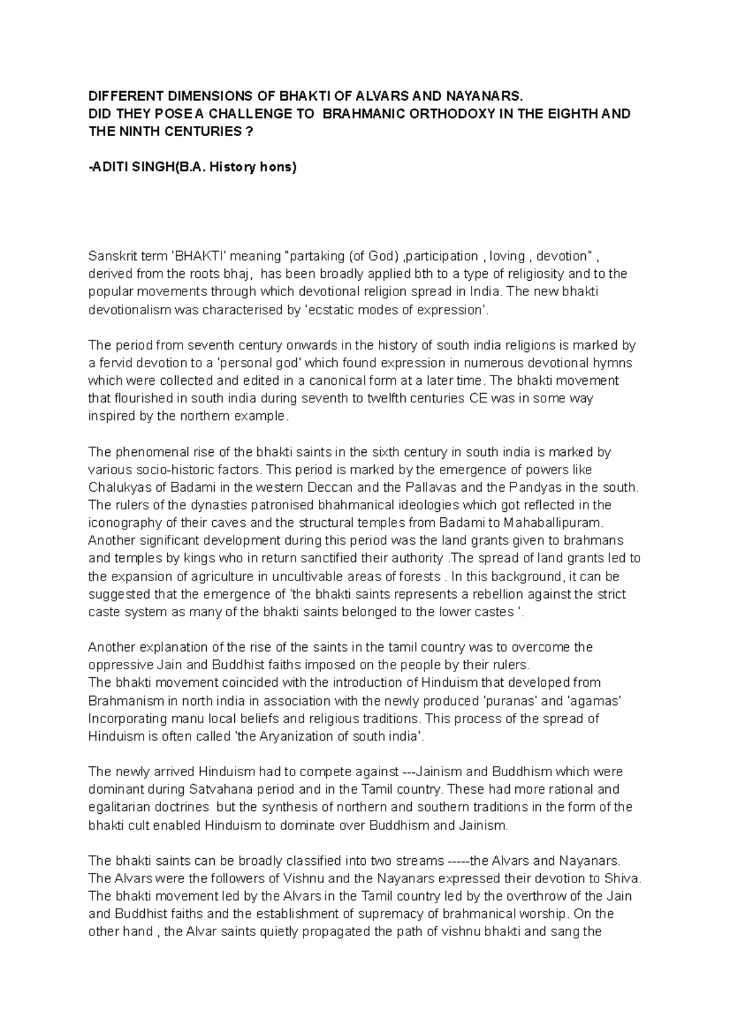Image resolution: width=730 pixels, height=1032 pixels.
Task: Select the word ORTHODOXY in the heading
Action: (x=440, y=114)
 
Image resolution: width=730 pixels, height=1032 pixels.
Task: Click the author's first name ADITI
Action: (x=107, y=167)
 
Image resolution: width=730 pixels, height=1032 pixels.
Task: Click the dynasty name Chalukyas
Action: (x=116, y=487)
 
